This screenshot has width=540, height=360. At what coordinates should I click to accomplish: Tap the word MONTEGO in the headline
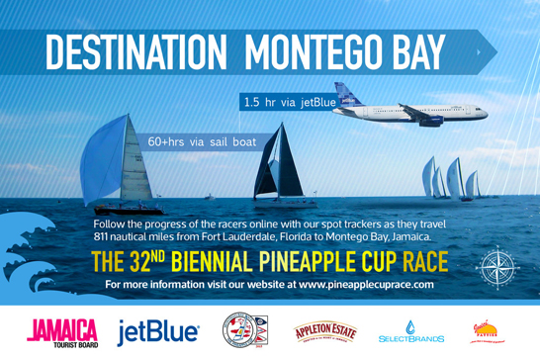[x=317, y=49]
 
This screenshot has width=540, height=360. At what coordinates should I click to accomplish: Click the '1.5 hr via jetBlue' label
[x=290, y=102]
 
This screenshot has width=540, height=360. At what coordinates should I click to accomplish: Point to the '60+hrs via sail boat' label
[x=202, y=142]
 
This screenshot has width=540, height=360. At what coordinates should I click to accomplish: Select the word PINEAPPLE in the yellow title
[x=317, y=263]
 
